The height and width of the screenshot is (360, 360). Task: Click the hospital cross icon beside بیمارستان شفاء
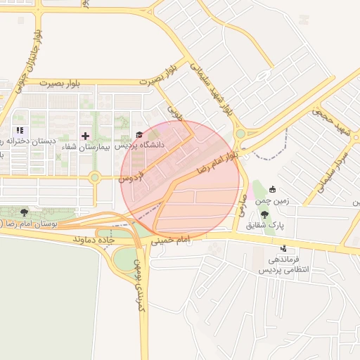pos(86,135)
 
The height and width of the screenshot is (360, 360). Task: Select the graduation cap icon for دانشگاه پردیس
pos(139,135)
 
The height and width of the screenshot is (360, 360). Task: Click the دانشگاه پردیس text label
pos(139,146)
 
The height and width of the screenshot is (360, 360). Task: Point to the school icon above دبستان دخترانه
pos(20,130)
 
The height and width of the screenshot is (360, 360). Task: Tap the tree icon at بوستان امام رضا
pos(25,212)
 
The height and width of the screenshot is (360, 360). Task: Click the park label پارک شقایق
pos(264,226)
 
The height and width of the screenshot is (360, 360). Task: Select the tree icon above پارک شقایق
pos(264,214)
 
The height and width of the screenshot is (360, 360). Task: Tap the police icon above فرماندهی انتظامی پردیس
pos(283,248)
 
